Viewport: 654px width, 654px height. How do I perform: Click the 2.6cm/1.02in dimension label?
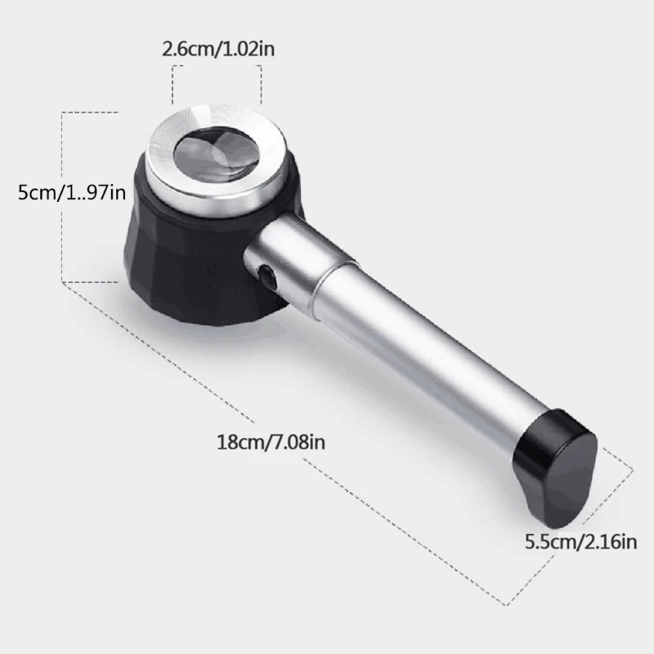[218, 48]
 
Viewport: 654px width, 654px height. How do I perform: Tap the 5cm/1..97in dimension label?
[72, 194]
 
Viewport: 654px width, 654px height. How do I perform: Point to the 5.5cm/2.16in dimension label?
[580, 540]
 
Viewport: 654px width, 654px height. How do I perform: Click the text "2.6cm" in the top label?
[186, 48]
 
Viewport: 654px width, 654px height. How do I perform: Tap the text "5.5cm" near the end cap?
[548, 540]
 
